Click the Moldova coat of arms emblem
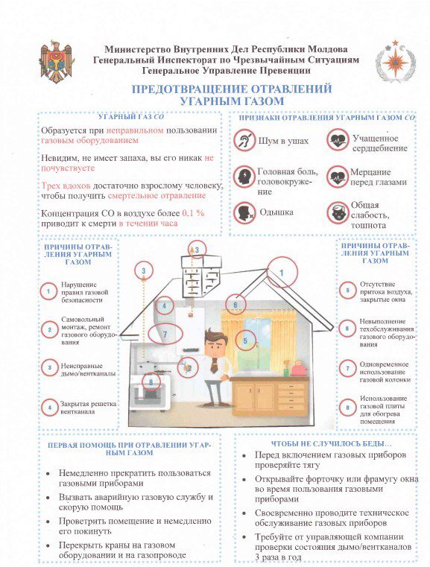tap(57, 62)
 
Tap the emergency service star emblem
tap(395, 60)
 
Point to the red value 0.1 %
tap(193, 213)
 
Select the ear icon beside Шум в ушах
tap(244, 141)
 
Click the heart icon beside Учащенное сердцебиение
tap(338, 140)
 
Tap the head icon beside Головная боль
tap(244, 177)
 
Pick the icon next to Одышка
tap(244, 212)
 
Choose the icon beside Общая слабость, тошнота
tap(338, 212)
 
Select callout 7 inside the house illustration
tap(165, 333)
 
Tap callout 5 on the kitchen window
tap(245, 340)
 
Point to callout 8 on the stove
tap(151, 382)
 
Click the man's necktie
tap(214, 365)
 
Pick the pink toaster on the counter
tap(299, 369)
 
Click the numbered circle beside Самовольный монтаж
tap(50, 329)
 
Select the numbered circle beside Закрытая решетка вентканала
tap(50, 408)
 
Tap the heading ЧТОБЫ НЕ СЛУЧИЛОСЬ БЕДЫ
tap(331, 444)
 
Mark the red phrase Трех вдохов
tap(66, 186)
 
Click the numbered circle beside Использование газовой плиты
tap(347, 408)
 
